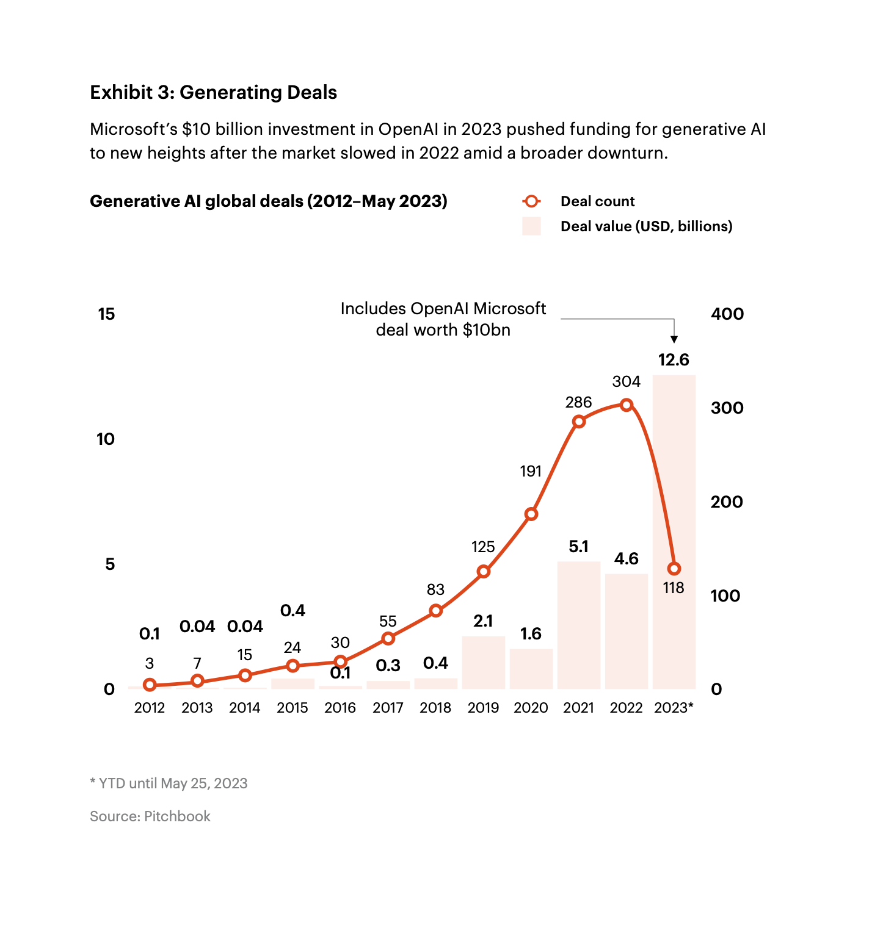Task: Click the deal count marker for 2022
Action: point(626,405)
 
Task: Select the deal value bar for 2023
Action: point(674,476)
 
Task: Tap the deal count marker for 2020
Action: point(531,514)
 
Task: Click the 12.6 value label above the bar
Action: point(674,360)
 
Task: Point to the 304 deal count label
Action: point(626,382)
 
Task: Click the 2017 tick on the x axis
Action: point(388,708)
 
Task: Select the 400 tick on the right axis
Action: point(727,314)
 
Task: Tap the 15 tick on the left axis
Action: point(106,314)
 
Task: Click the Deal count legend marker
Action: point(531,201)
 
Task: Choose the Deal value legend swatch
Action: point(531,226)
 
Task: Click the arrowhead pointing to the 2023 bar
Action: point(674,339)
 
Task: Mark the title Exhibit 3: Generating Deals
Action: point(213,92)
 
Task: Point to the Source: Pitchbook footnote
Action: point(150,816)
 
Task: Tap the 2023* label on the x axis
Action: point(674,708)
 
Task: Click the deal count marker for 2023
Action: point(674,569)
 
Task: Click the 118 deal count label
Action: point(674,588)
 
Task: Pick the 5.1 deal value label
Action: point(579,547)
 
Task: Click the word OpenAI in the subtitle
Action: point(409,129)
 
